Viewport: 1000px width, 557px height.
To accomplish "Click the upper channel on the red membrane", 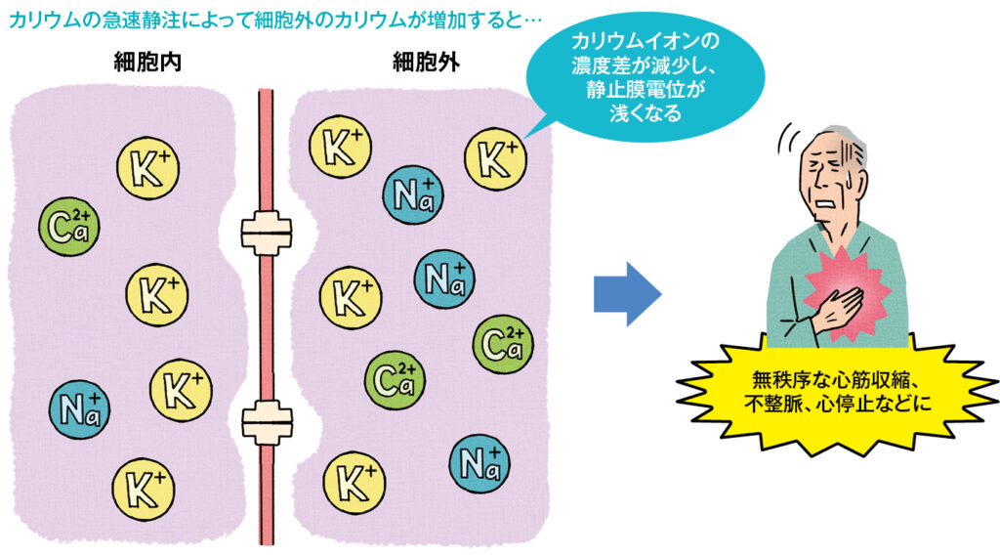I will pos(266,230).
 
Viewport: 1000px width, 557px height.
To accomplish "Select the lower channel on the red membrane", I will pos(266,422).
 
